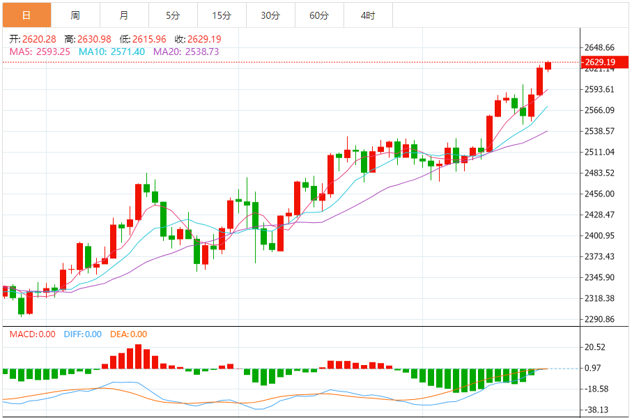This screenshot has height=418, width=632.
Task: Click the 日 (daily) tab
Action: coord(26,15)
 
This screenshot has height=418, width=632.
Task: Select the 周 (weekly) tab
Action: coord(75,15)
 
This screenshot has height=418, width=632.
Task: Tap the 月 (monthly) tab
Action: coord(124,15)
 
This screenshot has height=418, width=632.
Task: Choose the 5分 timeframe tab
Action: coord(173,15)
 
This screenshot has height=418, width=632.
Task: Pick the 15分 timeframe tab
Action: coord(222,15)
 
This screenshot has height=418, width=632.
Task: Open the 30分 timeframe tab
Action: coord(270,15)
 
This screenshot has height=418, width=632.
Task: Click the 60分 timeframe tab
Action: coord(319,15)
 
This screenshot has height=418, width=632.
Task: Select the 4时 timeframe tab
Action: coord(368,15)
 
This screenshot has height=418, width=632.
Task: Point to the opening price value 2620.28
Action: coord(39,40)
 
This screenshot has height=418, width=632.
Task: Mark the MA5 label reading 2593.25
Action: coord(39,52)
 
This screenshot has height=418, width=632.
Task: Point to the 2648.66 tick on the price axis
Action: coord(600,47)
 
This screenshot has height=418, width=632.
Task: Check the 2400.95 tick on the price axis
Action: coord(600,235)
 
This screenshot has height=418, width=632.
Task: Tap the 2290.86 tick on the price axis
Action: coord(600,319)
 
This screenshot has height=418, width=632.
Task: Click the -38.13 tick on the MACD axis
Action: coord(599,410)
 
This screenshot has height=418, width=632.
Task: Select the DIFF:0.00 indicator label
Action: coord(83,334)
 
